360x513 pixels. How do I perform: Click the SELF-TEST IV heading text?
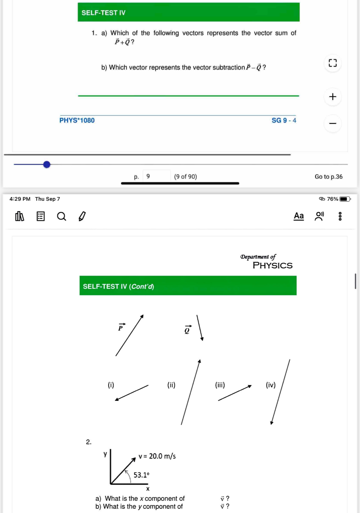(103, 13)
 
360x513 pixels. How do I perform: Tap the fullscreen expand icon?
(333, 63)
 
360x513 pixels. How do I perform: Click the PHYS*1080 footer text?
(77, 120)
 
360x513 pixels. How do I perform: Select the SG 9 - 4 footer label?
(284, 120)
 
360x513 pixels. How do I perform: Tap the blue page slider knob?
(47, 165)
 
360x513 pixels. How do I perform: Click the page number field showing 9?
(156, 176)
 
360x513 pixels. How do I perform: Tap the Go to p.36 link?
(329, 177)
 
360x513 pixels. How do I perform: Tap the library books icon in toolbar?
(20, 216)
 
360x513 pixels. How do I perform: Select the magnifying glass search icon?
(61, 216)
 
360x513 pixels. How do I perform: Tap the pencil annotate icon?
(82, 216)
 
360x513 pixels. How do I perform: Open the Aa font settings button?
(299, 216)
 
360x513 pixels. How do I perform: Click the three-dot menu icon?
(340, 216)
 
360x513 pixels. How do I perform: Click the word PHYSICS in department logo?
(272, 265)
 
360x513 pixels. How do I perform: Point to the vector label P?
(121, 328)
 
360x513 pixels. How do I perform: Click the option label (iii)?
(220, 385)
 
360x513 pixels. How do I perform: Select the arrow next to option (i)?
(132, 393)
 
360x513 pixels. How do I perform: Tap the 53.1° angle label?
(141, 475)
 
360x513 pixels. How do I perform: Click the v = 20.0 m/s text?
(157, 456)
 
